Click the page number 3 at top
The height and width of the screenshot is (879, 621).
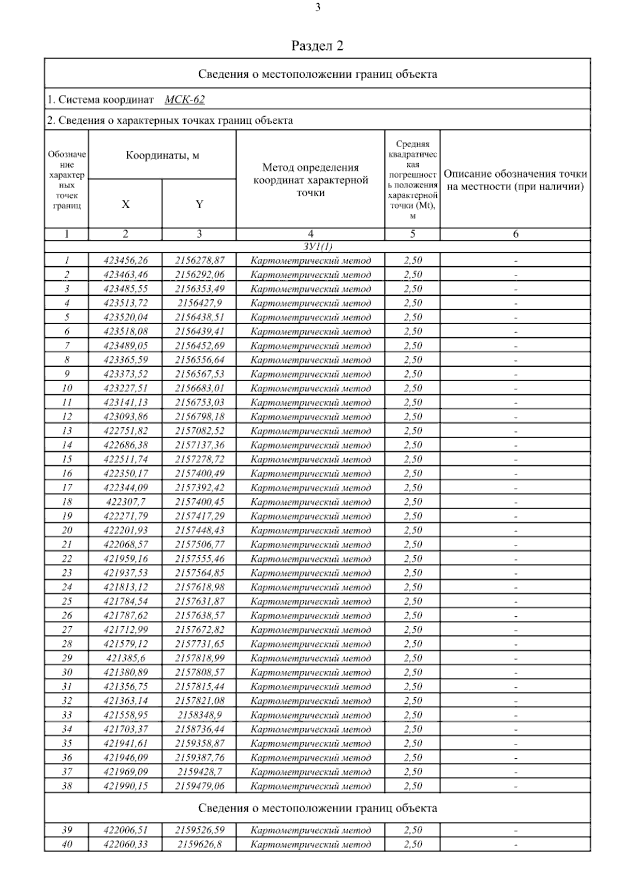[317, 7]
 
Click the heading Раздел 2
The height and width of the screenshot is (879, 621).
[317, 46]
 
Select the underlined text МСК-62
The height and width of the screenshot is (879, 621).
[185, 99]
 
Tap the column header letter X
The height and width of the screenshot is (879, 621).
[125, 204]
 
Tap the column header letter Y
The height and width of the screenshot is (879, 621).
[199, 204]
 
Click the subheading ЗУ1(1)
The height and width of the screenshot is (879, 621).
[317, 247]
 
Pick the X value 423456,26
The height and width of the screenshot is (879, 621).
[125, 261]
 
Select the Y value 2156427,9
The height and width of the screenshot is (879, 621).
[199, 303]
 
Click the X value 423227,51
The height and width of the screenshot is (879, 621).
[125, 388]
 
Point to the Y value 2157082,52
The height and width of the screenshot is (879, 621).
[199, 431]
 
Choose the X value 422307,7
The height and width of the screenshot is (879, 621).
[125, 502]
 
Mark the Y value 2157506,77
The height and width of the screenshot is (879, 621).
[199, 544]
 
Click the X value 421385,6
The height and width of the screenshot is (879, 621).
[125, 658]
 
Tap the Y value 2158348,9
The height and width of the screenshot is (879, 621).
[199, 715]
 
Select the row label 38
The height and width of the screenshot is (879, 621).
[67, 786]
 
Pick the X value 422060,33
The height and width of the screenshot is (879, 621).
[125, 844]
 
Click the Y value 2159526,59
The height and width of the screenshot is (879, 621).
[199, 830]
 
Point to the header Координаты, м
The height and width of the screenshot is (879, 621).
[162, 155]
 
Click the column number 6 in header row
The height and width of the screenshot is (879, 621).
[515, 234]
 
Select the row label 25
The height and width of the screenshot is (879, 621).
[67, 601]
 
